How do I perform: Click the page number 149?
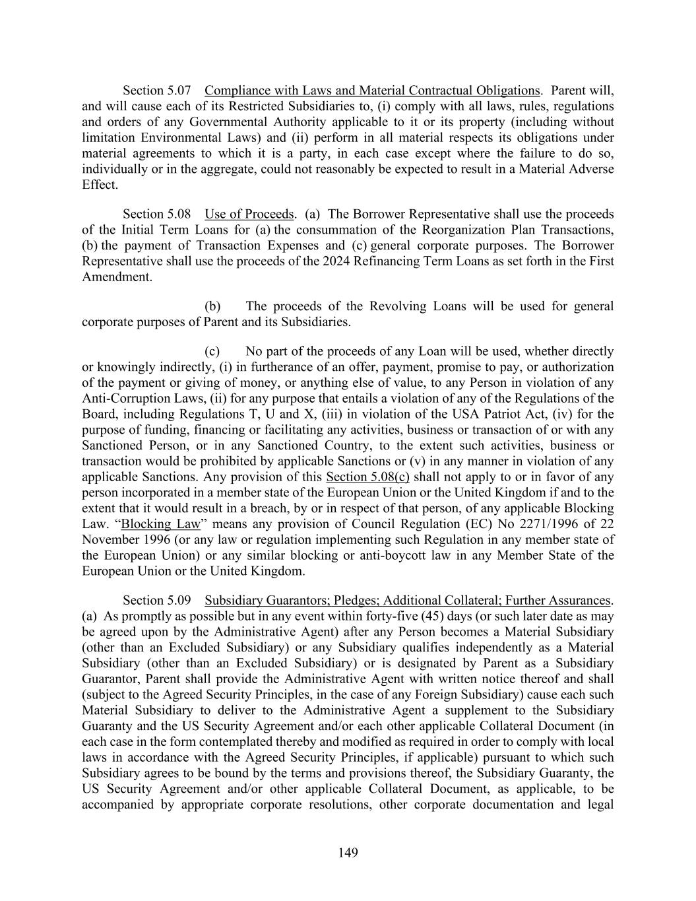pyautogui.click(x=348, y=853)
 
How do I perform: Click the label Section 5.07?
pyautogui.click(x=157, y=90)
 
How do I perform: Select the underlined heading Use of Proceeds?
pyautogui.click(x=249, y=214)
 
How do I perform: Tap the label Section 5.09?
pyautogui.click(x=157, y=600)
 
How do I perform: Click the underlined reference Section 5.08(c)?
pyautogui.click(x=367, y=477)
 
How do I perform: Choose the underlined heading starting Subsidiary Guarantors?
pyautogui.click(x=407, y=600)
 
